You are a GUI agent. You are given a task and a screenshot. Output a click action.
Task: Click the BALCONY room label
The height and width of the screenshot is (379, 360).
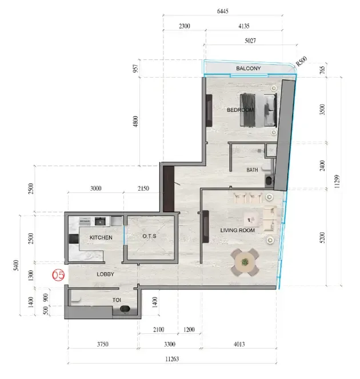[248, 68]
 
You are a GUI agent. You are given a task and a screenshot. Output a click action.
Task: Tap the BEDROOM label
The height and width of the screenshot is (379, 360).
[240, 110]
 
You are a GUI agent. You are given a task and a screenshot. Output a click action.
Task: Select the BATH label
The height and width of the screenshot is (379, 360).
[252, 170]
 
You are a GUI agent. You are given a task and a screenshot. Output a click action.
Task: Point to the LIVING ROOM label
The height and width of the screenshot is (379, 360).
[237, 231]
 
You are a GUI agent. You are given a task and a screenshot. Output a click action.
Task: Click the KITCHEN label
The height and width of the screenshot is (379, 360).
[101, 237]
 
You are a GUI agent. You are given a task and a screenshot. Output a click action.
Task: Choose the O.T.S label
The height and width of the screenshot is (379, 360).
[149, 236]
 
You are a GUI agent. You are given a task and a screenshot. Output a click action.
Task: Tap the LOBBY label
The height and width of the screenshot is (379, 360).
[105, 275]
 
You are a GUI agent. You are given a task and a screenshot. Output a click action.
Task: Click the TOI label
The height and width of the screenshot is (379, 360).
[117, 300]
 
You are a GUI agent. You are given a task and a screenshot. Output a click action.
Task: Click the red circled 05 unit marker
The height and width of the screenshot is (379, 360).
[58, 275]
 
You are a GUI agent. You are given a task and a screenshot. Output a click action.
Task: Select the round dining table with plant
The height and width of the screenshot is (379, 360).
[245, 262]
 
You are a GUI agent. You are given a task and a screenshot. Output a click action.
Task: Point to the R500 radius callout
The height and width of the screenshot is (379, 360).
[302, 61]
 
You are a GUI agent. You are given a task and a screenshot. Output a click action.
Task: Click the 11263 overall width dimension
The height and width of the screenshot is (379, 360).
[172, 359]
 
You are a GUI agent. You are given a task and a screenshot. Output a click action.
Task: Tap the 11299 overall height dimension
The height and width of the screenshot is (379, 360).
[338, 182]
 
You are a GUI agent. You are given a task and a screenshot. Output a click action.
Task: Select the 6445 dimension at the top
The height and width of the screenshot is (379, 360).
[223, 11]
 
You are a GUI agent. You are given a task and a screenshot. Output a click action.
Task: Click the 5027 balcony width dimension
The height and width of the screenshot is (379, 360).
[250, 41]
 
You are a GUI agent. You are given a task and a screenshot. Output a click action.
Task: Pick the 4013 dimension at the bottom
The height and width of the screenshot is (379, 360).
[239, 344]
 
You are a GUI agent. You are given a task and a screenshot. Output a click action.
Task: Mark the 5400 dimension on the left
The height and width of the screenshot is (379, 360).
[16, 265]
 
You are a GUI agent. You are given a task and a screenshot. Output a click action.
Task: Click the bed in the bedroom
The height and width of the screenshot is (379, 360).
[258, 110]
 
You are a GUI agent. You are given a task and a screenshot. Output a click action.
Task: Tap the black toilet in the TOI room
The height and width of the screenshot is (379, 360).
[125, 309]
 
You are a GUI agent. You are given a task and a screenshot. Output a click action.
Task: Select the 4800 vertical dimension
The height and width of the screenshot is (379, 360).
[136, 122]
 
